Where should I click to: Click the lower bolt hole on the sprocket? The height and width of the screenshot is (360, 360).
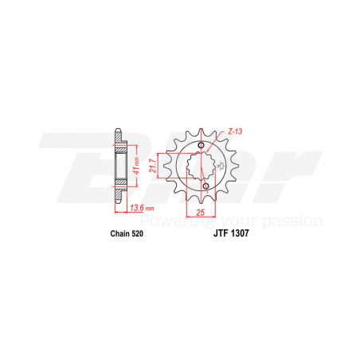[206, 186]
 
